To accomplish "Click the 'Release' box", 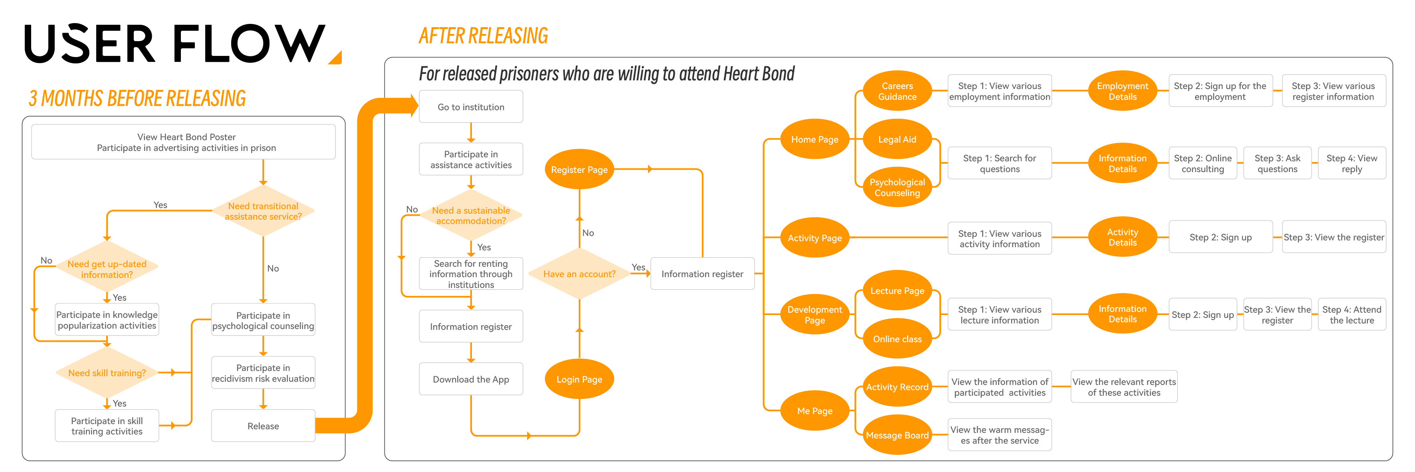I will (x=263, y=426).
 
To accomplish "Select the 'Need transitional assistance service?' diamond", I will (x=263, y=211).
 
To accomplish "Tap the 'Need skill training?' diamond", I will (x=107, y=373).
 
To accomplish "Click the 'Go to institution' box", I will (x=471, y=107).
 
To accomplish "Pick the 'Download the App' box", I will (x=471, y=379).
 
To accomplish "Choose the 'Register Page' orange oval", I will (x=579, y=170).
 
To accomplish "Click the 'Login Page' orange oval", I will (x=579, y=379).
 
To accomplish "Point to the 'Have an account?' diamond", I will (x=579, y=274).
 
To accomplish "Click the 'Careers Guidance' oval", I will (x=897, y=91).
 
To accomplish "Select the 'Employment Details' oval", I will (x=1122, y=91).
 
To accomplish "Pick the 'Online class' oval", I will (x=897, y=339).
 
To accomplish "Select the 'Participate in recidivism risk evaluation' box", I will (x=263, y=373).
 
